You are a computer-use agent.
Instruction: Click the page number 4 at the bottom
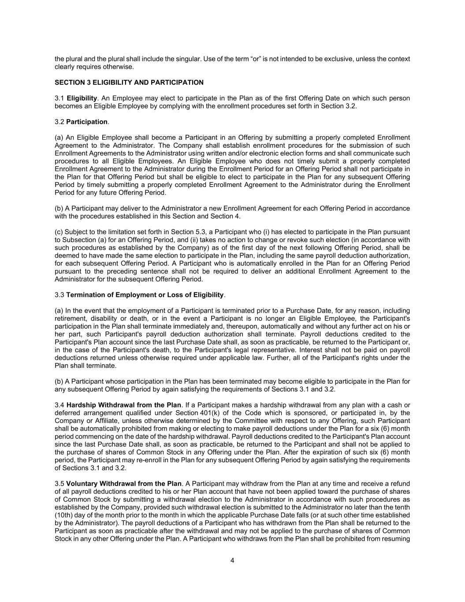coord(232,561)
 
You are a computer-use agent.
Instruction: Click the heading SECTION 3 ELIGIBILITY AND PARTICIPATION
coord(129,82)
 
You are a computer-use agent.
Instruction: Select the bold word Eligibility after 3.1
coord(82,98)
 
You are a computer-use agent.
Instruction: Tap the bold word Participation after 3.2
coord(87,122)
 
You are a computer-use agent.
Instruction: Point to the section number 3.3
coord(60,295)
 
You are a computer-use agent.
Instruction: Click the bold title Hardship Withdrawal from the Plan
coord(123,405)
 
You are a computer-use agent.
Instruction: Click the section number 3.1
coord(60,98)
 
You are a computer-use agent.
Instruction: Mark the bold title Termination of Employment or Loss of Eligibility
coord(145,295)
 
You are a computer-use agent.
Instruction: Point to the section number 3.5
coord(60,483)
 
